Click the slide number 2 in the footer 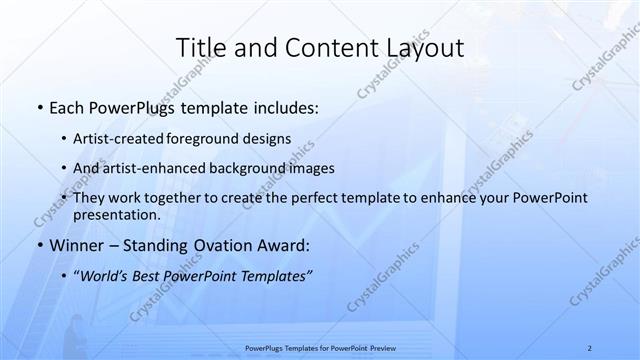coord(590,347)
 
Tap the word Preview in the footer coord(380,347)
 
